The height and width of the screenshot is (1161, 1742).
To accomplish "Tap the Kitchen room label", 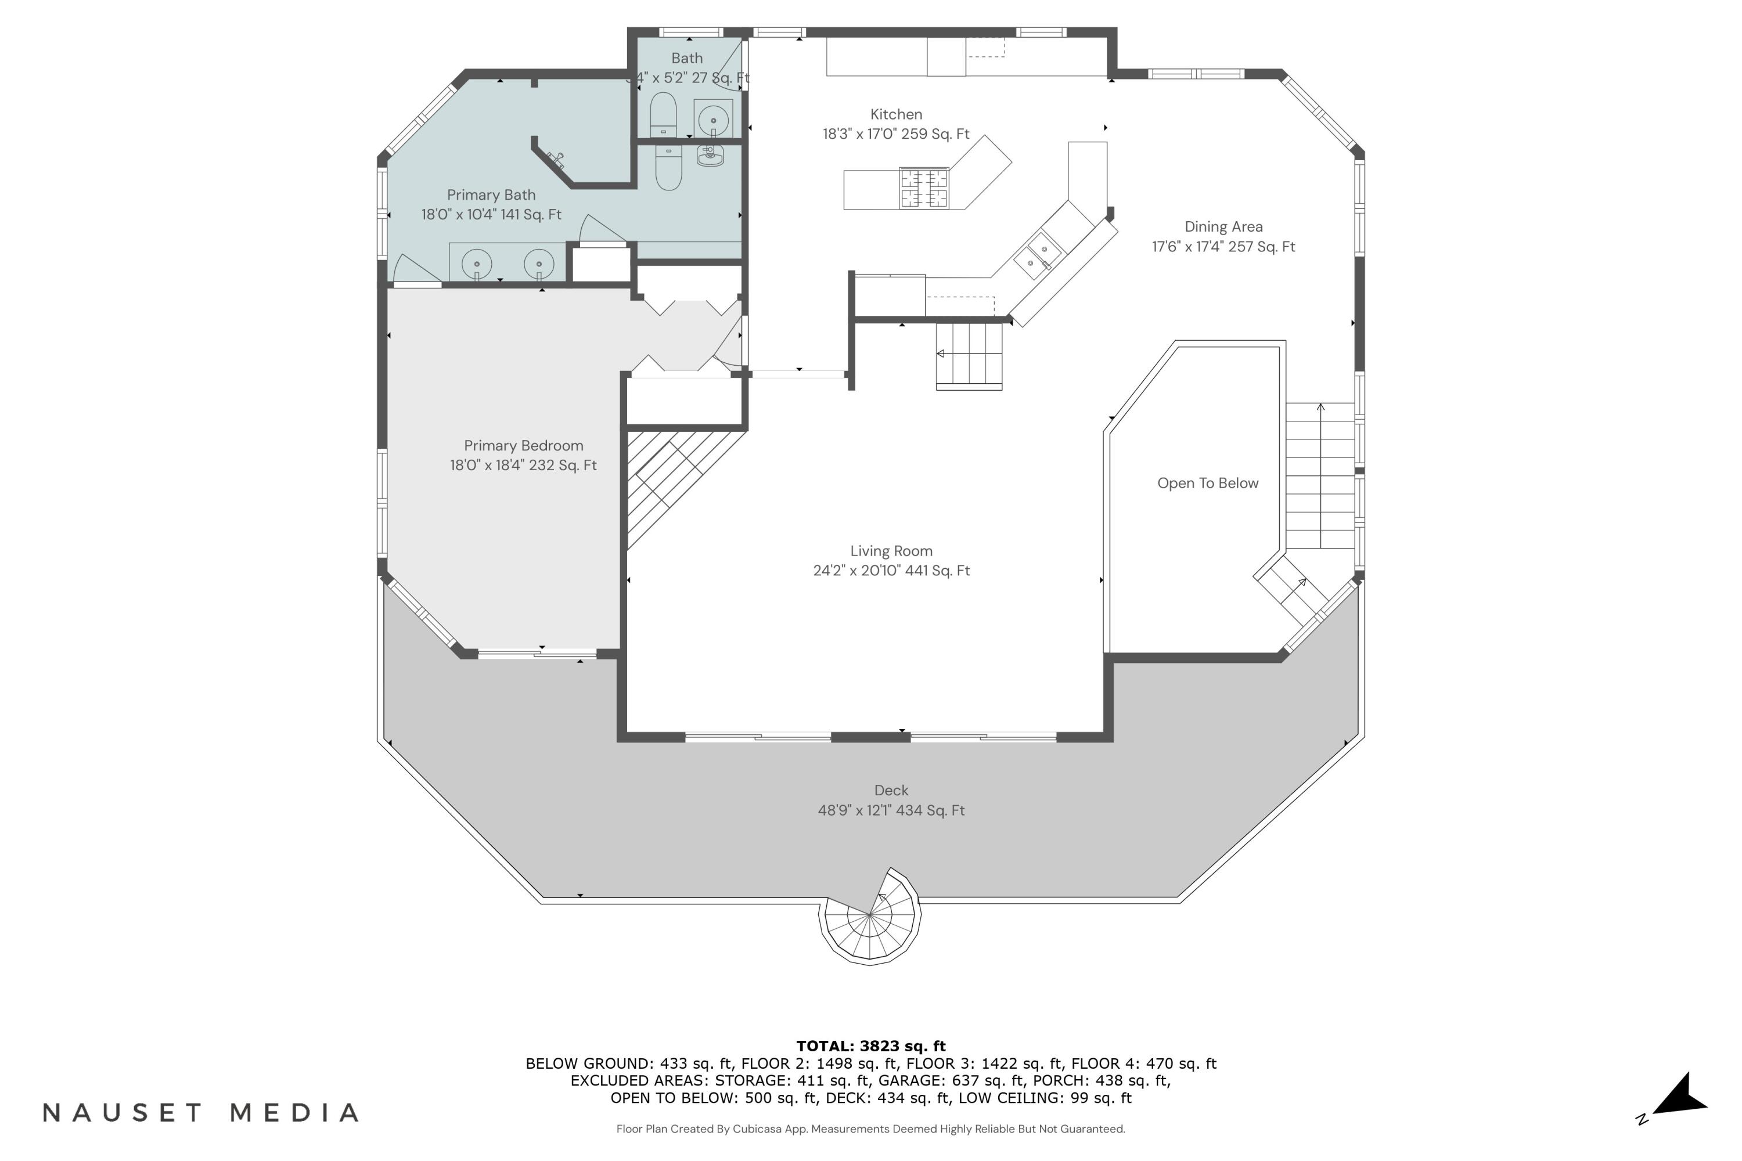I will [896, 114].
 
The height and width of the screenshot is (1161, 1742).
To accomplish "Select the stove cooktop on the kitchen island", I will [924, 188].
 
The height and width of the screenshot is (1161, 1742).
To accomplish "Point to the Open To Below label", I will [1207, 483].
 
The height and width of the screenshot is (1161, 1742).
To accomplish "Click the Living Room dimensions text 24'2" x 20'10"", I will [891, 570].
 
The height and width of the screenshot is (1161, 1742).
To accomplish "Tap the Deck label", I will [891, 790].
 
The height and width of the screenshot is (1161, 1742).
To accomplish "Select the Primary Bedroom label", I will [524, 445].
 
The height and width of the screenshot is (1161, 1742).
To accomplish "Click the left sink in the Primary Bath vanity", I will [477, 264].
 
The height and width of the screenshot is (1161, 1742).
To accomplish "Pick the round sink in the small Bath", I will [713, 119].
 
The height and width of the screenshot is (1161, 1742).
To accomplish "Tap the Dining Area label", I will [1223, 226].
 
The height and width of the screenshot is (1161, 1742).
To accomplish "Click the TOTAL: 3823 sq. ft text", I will [871, 1045].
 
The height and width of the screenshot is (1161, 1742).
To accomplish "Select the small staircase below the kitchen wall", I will [969, 355].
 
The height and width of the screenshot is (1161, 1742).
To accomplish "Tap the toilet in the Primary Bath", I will [668, 167].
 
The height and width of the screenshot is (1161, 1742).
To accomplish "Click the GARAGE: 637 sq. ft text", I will [950, 1080].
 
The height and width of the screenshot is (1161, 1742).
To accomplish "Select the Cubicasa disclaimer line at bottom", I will [870, 1128].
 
